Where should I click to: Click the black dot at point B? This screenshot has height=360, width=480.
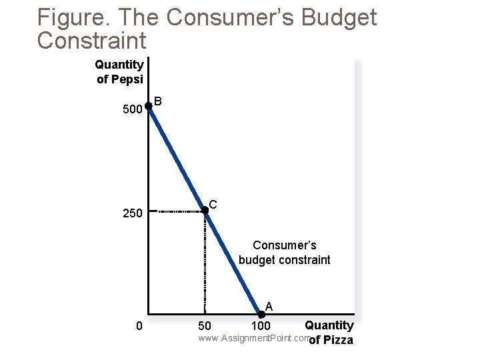[148, 106]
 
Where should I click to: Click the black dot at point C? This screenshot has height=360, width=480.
[205, 211]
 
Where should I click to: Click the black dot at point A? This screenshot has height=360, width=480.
[261, 314]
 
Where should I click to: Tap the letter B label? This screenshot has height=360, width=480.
[158, 102]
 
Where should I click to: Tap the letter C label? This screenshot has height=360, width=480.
[213, 204]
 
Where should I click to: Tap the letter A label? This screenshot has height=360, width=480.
[269, 307]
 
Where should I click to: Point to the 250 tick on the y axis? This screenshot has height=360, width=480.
[133, 214]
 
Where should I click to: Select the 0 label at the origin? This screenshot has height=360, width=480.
[138, 326]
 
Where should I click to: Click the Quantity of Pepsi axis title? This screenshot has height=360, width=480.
[119, 71]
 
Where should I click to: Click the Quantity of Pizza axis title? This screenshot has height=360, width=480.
[329, 333]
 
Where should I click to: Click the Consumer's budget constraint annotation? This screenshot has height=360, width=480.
[284, 253]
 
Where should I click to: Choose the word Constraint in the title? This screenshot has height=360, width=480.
[92, 41]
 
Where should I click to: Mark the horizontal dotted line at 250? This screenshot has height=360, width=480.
[177, 211]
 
